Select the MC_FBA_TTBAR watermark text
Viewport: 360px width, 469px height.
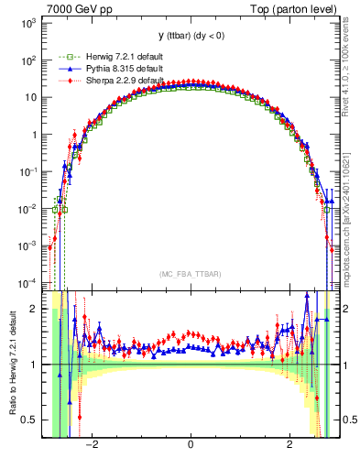pyautogui.click(x=190, y=272)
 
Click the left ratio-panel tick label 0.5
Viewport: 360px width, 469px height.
pyautogui.click(x=31, y=420)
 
